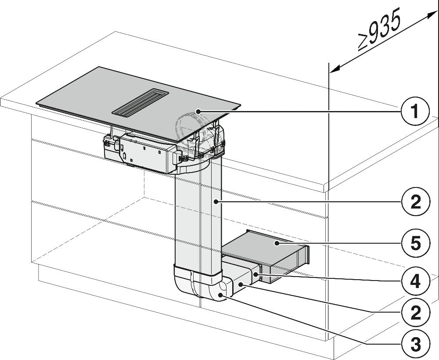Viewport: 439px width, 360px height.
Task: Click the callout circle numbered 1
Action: coord(415,111)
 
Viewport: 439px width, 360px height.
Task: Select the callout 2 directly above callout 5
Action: coord(415,202)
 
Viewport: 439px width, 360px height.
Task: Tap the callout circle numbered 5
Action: coord(415,243)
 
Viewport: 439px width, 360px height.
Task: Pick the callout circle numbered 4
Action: coord(415,281)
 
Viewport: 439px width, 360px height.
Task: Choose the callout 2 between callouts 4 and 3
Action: coord(415,312)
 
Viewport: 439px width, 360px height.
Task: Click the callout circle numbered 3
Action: coord(415,343)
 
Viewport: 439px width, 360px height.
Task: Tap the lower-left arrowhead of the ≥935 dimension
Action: coord(335,68)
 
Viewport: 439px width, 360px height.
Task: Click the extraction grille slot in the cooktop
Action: coord(140,102)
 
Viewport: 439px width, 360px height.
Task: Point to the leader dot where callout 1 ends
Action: coord(198,112)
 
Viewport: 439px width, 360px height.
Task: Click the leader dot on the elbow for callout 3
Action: coord(221,295)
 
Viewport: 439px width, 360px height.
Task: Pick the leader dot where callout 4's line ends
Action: coord(255,275)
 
